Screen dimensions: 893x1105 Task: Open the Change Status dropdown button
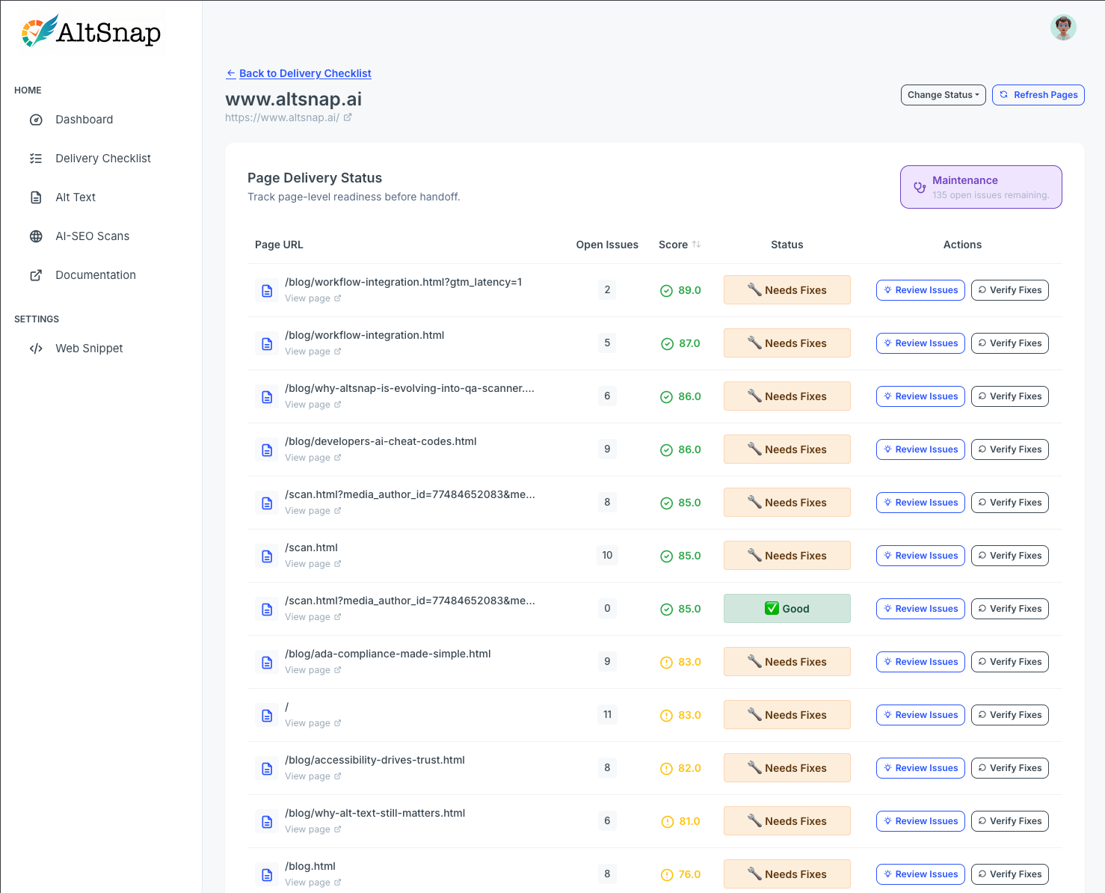click(x=943, y=95)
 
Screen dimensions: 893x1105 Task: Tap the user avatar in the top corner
click(x=1062, y=28)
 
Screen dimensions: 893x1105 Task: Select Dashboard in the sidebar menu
click(x=84, y=120)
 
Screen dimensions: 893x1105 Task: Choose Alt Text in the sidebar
click(x=75, y=197)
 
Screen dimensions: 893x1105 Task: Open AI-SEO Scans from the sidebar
click(x=92, y=236)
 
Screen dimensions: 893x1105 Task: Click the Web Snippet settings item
click(x=89, y=349)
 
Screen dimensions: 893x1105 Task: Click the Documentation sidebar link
click(x=95, y=275)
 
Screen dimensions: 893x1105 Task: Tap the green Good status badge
click(x=787, y=609)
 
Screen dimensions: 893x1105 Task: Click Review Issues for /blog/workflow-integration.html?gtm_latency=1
click(x=920, y=290)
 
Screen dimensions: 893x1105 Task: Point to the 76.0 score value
click(x=689, y=874)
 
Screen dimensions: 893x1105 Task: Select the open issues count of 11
click(x=607, y=715)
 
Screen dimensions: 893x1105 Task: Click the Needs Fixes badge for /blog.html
click(x=787, y=874)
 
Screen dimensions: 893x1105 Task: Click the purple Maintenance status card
click(x=980, y=187)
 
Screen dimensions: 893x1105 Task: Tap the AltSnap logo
click(x=91, y=32)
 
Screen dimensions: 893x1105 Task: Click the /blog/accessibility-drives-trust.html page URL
click(x=375, y=760)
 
